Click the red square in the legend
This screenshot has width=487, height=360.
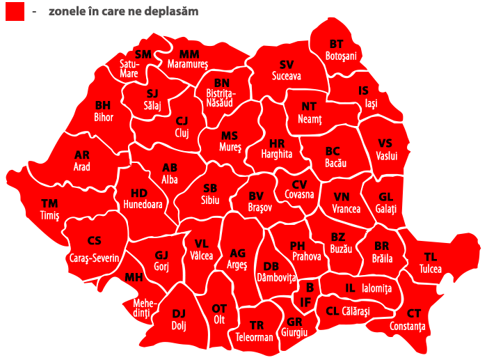click(x=15, y=11)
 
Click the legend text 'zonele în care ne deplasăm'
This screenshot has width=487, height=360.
click(x=123, y=11)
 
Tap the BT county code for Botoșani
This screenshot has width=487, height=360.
click(x=337, y=45)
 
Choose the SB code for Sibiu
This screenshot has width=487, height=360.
click(x=210, y=188)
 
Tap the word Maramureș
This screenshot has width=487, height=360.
click(x=188, y=63)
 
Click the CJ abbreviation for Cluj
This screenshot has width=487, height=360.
click(x=182, y=120)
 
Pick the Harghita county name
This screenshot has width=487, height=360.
click(x=277, y=154)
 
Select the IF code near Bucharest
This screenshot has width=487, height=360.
click(x=305, y=302)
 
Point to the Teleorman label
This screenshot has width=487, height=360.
click(x=255, y=338)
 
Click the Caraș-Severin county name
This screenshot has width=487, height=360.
click(x=95, y=258)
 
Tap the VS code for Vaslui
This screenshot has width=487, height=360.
click(x=385, y=143)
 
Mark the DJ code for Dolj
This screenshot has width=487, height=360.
click(x=179, y=313)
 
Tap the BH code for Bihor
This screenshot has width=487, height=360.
click(x=103, y=105)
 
